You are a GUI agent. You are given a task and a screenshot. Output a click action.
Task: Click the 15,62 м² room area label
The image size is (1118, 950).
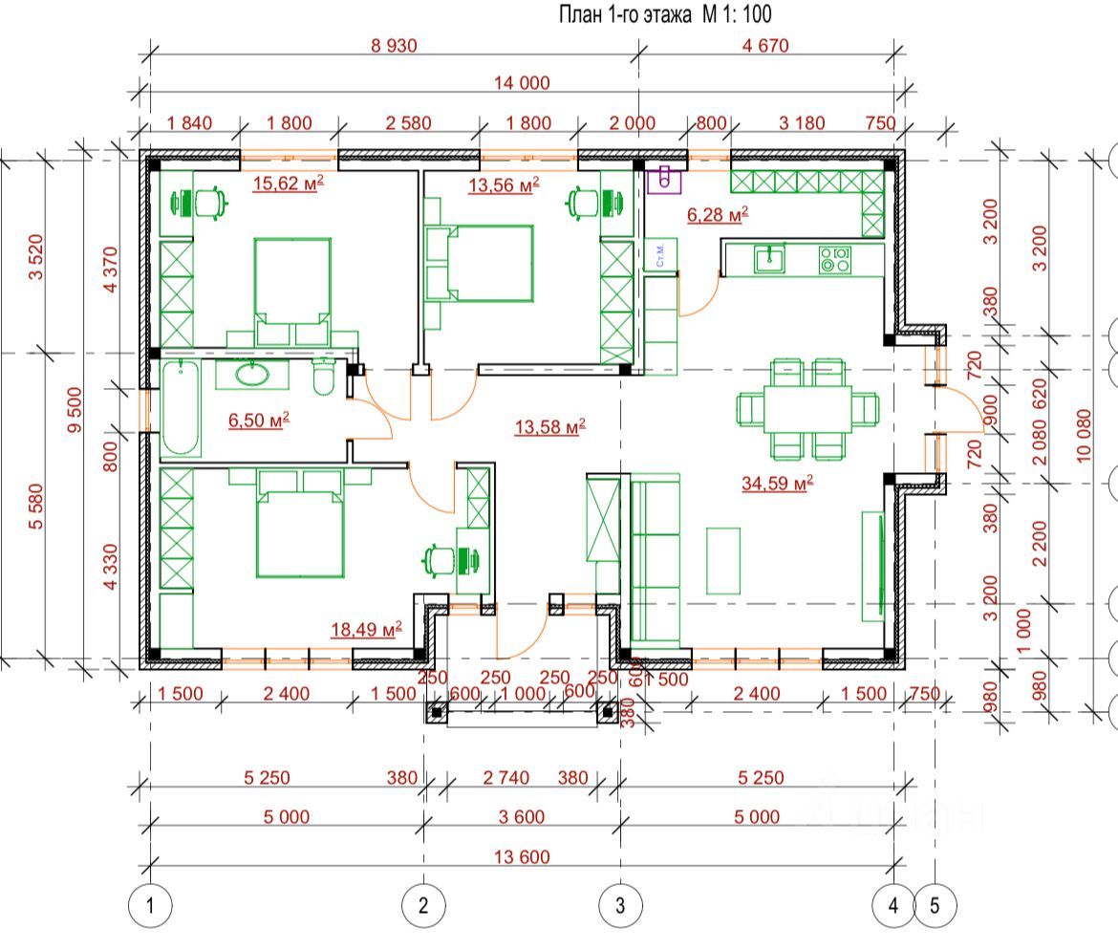click(288, 183)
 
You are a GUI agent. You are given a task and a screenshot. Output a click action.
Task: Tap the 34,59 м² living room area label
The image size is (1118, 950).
click(777, 483)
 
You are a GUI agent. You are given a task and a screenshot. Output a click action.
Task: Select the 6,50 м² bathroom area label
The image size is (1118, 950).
click(259, 419)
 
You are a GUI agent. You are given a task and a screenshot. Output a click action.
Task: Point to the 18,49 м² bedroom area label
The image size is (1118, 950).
click(366, 629)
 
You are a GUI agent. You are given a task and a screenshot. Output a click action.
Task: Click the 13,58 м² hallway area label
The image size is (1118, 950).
click(549, 427)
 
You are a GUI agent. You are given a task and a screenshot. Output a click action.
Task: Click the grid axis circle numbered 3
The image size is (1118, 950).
click(620, 905)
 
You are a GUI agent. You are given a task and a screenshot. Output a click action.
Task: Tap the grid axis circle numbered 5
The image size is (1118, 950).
click(935, 905)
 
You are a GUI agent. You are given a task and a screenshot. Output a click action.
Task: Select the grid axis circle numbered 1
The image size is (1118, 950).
click(150, 905)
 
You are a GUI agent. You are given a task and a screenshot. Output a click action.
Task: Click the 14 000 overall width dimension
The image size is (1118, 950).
click(522, 83)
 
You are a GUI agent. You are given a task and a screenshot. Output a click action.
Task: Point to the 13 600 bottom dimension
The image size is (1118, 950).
click(522, 856)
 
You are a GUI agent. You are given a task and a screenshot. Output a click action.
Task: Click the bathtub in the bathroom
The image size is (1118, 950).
click(181, 409)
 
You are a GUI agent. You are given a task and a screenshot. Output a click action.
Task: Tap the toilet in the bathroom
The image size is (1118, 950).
click(323, 379)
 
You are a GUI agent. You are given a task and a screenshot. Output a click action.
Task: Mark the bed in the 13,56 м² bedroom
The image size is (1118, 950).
click(489, 263)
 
